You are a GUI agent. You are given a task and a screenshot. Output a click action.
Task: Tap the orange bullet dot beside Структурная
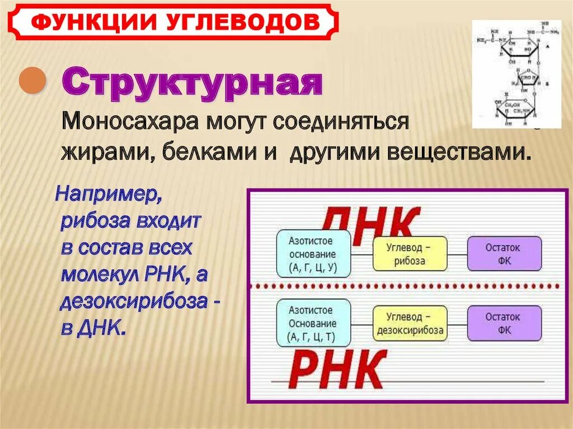click(x=32, y=82)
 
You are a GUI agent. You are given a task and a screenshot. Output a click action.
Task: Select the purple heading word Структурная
click(x=191, y=83)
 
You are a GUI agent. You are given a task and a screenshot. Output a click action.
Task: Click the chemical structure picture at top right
click(x=516, y=74)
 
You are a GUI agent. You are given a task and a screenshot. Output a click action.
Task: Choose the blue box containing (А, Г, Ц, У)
click(x=313, y=254)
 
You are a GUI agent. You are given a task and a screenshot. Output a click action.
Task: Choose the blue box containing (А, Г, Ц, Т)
click(x=313, y=323)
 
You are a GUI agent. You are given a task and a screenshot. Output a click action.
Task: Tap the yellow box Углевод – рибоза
click(x=409, y=254)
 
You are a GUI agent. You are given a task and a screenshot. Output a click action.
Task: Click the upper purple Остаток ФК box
click(x=504, y=254)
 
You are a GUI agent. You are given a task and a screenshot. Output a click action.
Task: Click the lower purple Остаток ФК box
click(x=504, y=323)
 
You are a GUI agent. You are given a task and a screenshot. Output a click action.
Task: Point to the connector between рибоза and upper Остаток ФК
click(x=457, y=254)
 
